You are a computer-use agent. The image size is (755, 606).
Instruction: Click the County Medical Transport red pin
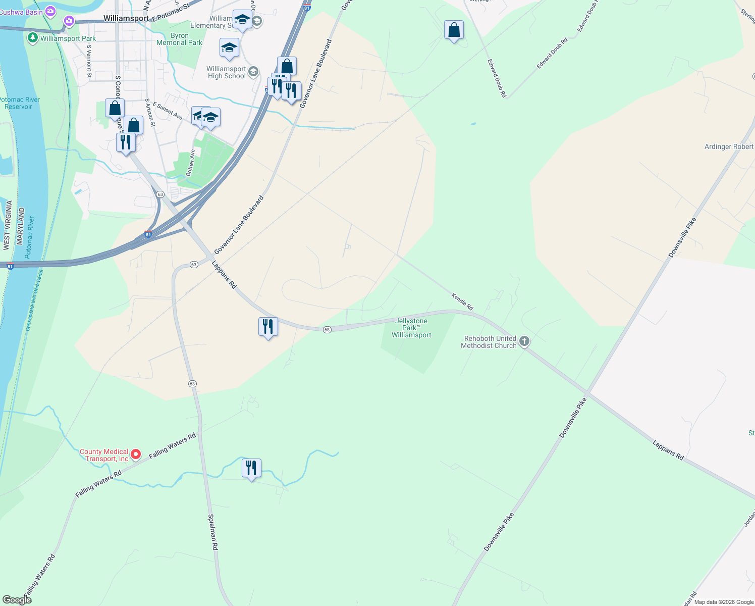pos(136,455)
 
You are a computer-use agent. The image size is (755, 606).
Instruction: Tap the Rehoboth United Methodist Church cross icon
pos(524,342)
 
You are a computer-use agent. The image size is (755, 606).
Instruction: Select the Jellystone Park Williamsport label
pos(411,328)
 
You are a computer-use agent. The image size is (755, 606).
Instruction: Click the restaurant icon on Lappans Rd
pos(268,327)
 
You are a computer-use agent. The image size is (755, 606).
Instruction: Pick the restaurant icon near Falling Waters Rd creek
pos(251,469)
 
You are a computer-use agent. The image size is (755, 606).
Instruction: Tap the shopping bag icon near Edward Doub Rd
pos(454,30)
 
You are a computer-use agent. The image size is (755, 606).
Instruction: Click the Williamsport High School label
pos(226,72)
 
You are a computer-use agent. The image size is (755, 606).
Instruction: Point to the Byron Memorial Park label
pos(179,39)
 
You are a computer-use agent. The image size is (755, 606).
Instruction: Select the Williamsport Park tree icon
pos(33,38)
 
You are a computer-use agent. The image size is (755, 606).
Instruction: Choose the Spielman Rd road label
pos(213,532)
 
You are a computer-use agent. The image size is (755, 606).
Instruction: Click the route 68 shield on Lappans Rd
pos(327,330)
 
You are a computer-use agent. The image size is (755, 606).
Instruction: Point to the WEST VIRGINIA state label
pos(7,225)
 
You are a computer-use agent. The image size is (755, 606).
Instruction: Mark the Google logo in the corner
pos(17,599)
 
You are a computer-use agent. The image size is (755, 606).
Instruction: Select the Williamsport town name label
pos(126,18)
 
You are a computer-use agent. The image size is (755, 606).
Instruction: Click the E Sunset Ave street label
pos(168,111)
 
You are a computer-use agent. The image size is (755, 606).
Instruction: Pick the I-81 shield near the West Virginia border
pos(10,266)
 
